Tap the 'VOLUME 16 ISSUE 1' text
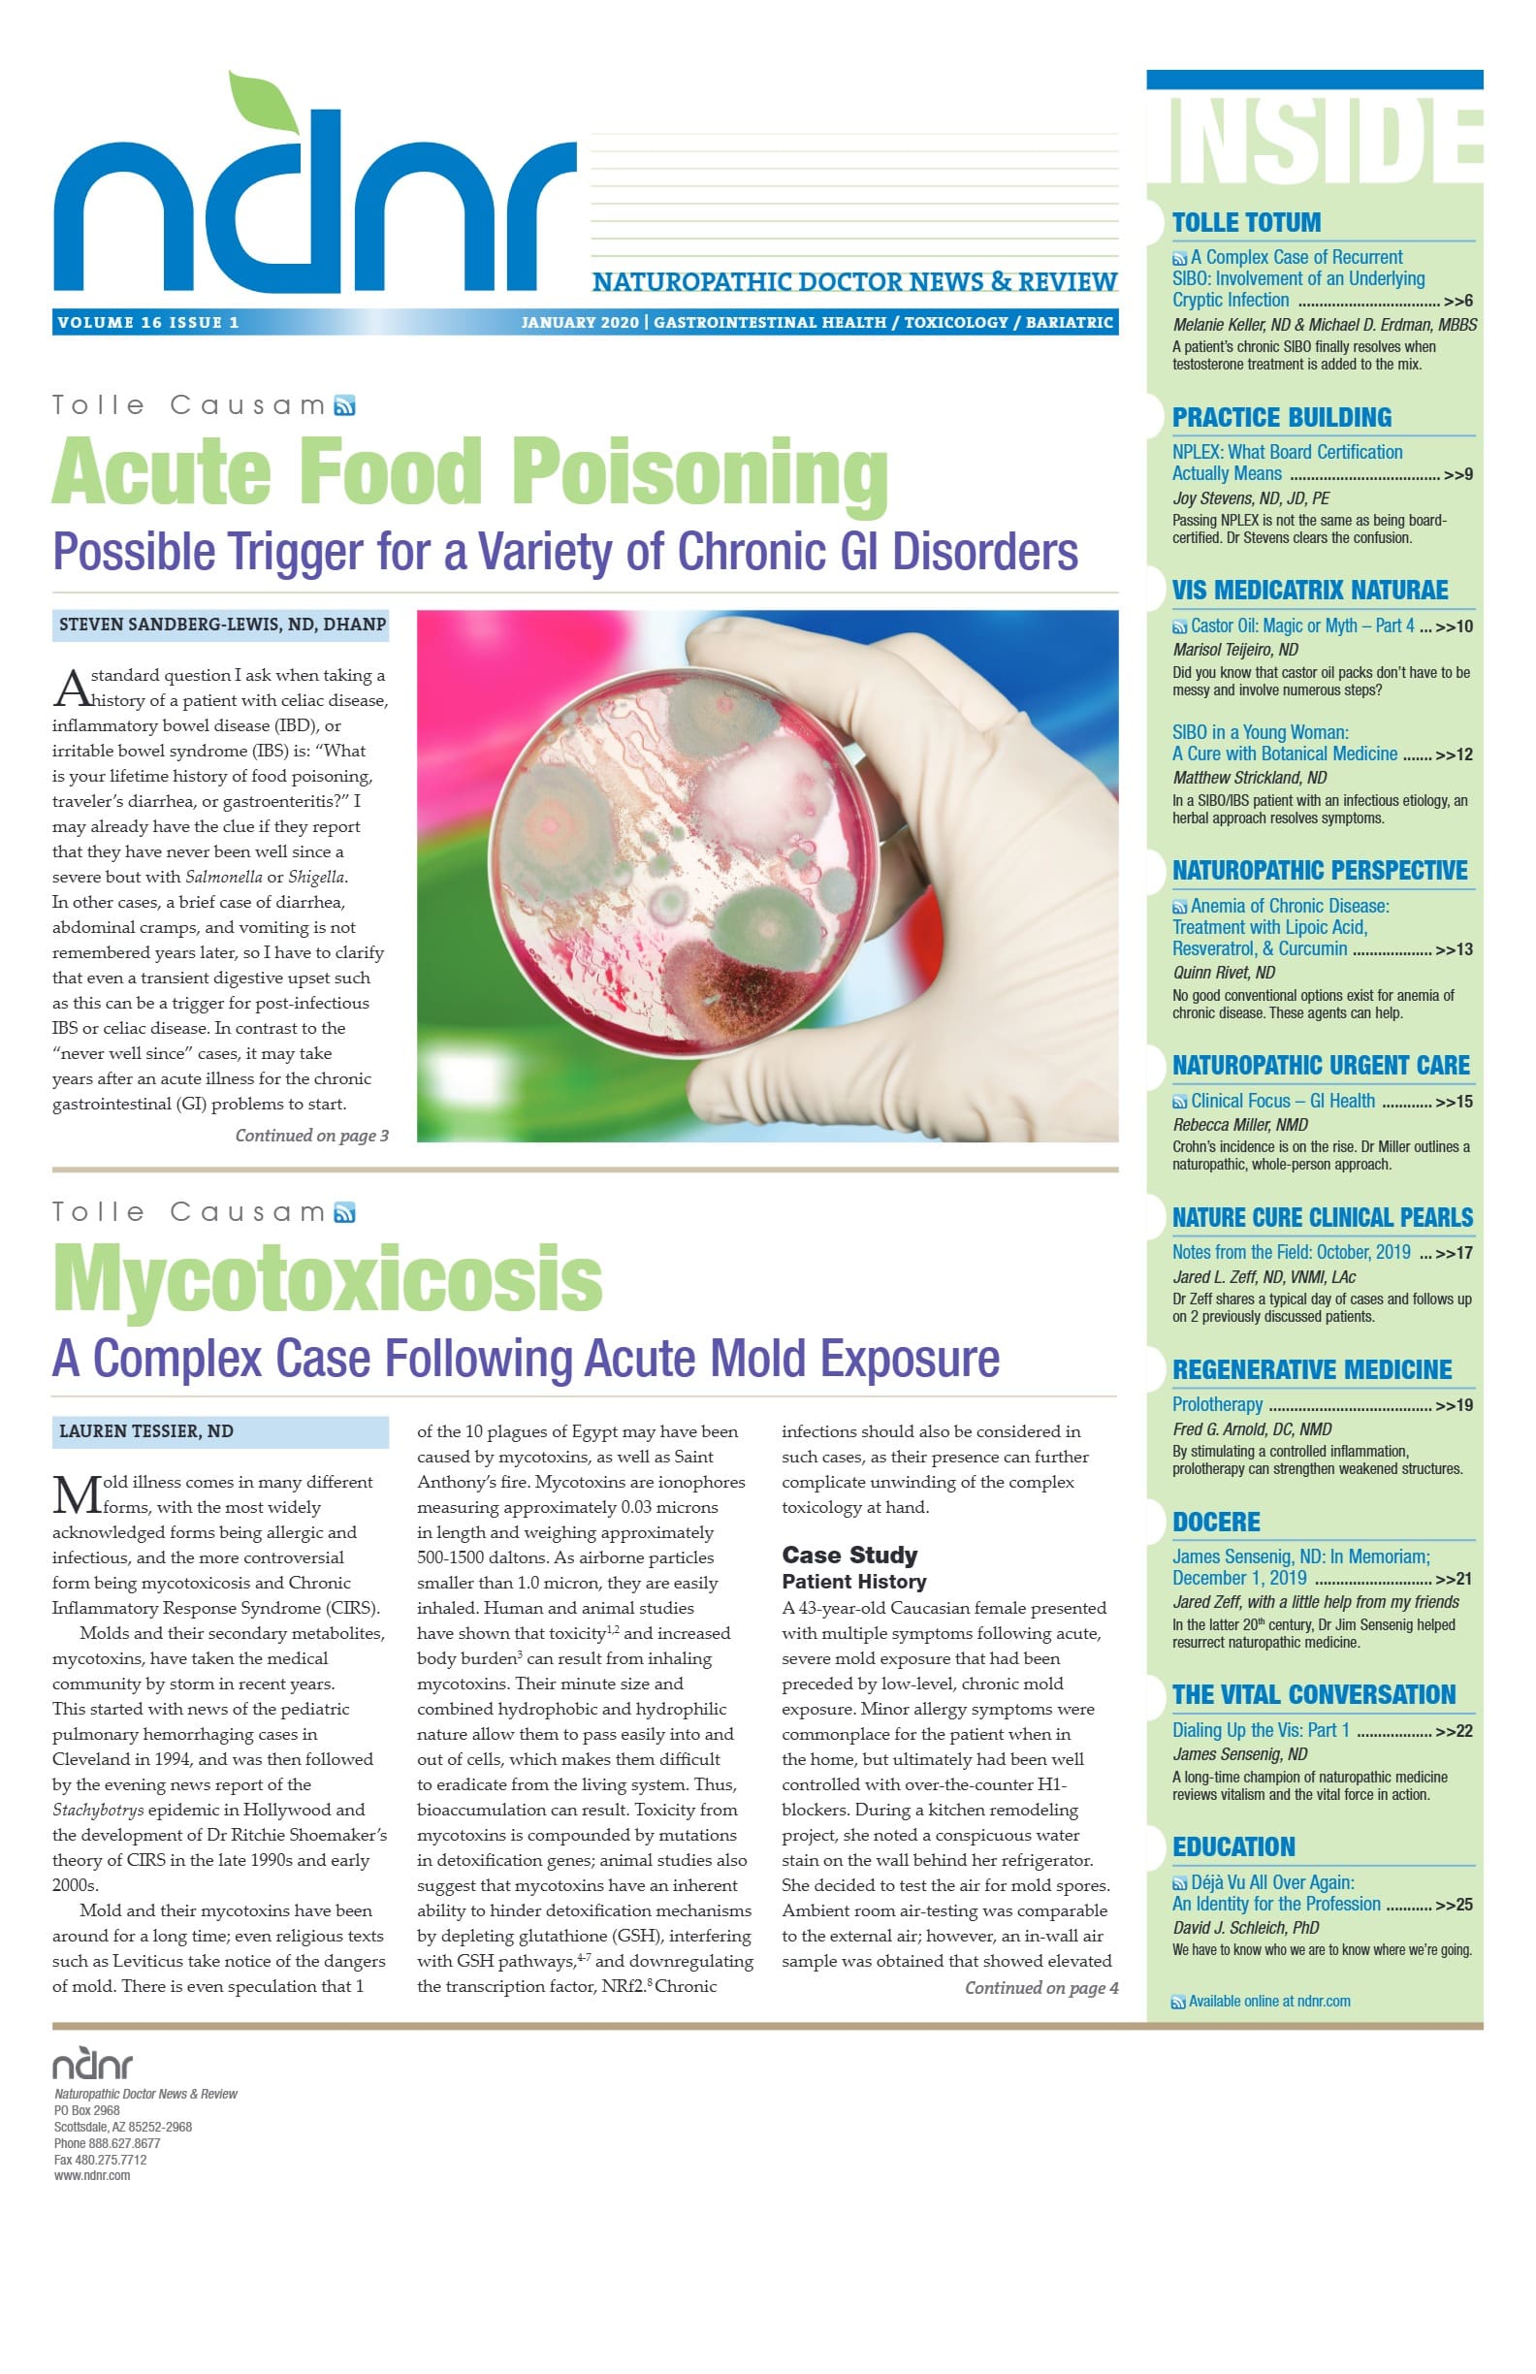coord(147,322)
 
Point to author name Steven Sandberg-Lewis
coord(221,625)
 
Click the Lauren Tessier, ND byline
coord(145,1431)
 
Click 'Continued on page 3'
coord(311,1136)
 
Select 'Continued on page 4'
coord(1040,1988)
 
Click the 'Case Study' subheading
coord(848,1556)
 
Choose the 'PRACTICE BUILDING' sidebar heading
coord(1281,417)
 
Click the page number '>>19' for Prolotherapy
coord(1454,1405)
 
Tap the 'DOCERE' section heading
coord(1216,1523)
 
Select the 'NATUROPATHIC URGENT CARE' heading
coord(1320,1066)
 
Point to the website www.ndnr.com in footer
coord(92,2175)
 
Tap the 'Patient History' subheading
coord(852,1582)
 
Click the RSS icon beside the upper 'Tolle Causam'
coord(344,405)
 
